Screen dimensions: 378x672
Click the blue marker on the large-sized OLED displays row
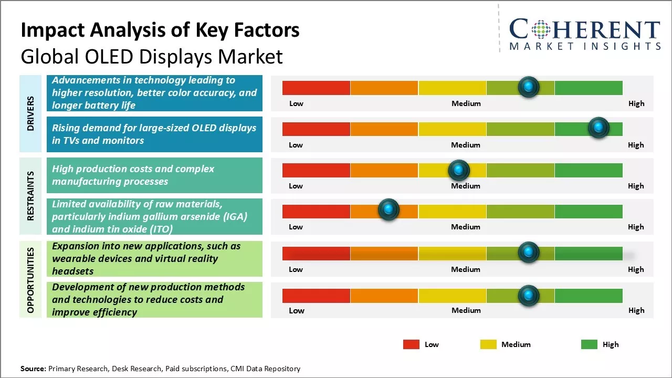pyautogui.click(x=598, y=128)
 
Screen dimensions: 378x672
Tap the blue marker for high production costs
pyautogui.click(x=459, y=170)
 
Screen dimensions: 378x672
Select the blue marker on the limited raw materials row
pyautogui.click(x=388, y=209)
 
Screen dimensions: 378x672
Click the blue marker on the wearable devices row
pyautogui.click(x=528, y=253)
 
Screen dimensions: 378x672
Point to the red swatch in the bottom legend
pyautogui.click(x=411, y=344)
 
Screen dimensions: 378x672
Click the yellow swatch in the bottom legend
pyautogui.click(x=488, y=344)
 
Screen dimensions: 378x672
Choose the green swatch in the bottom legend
pyautogui.click(x=589, y=344)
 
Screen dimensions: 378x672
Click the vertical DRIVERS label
pyautogui.click(x=30, y=113)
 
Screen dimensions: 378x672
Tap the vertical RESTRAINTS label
pyautogui.click(x=30, y=196)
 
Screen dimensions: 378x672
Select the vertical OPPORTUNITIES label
pyautogui.click(x=30, y=280)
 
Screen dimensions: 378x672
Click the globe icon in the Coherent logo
pyautogui.click(x=541, y=30)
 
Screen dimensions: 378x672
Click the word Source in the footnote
pyautogui.click(x=33, y=369)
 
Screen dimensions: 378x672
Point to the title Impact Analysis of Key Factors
pyautogui.click(x=160, y=30)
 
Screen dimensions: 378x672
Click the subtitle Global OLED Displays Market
pyautogui.click(x=152, y=56)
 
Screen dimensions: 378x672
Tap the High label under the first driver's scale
pyautogui.click(x=636, y=103)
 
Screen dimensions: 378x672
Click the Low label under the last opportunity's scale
pyautogui.click(x=296, y=310)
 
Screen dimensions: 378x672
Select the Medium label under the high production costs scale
pyautogui.click(x=466, y=186)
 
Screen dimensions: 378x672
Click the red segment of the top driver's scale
pyautogui.click(x=316, y=88)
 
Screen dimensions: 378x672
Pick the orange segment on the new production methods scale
pyautogui.click(x=384, y=296)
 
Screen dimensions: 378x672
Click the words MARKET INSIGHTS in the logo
pyautogui.click(x=585, y=46)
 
